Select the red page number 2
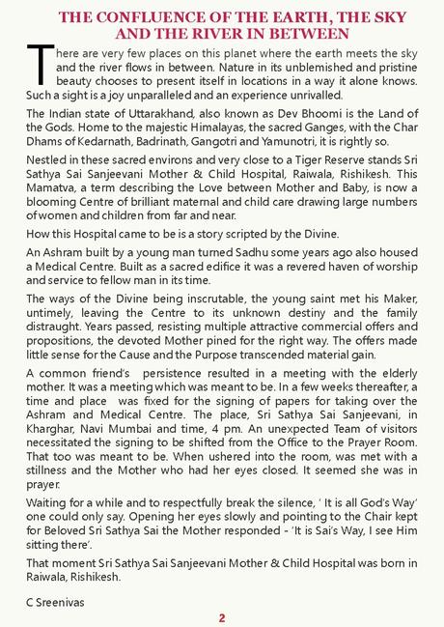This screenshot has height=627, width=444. [x=222, y=618]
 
